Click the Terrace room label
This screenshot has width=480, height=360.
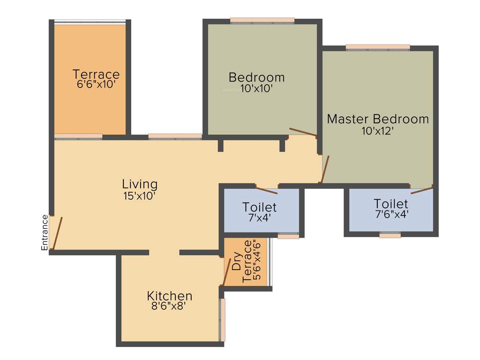click(96, 74)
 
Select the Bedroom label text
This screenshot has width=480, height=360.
click(256, 77)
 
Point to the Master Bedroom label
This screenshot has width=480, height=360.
click(378, 119)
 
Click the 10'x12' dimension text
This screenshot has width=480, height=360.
click(377, 131)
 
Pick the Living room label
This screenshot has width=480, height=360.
click(140, 184)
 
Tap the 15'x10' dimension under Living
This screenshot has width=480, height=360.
click(139, 196)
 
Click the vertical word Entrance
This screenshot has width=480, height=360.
click(45, 232)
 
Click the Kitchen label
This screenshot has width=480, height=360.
click(170, 296)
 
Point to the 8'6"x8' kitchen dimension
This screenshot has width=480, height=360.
click(169, 307)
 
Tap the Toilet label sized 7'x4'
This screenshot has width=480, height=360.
click(260, 207)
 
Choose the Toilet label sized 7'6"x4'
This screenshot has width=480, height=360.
click(391, 204)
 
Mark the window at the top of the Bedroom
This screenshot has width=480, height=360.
click(262, 21)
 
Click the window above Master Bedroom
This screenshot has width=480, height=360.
click(378, 47)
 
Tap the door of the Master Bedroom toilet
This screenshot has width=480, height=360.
click(421, 190)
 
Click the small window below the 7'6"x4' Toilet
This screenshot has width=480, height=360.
click(390, 235)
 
